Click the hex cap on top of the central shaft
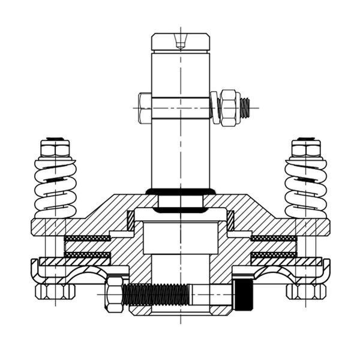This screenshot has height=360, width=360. [181, 42]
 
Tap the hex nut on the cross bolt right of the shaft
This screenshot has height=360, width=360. [228, 108]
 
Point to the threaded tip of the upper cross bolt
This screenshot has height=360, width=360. [245, 108]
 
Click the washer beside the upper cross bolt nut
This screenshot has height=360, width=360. [215, 108]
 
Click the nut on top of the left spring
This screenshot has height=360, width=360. [55, 147]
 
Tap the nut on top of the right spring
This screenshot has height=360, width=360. [306, 147]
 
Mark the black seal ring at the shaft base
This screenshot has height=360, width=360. [181, 191]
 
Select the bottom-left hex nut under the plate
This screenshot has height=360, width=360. [55, 292]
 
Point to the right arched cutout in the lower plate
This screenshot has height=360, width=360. [277, 277]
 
